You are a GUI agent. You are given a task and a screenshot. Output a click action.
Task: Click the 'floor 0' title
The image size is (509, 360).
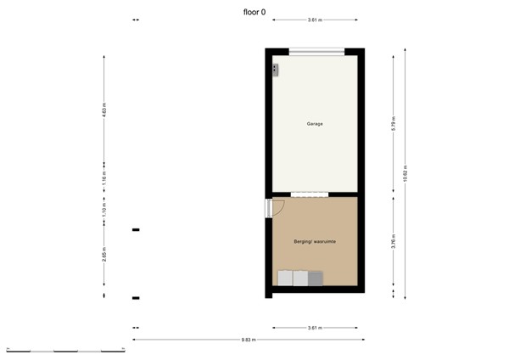(x=254, y=13)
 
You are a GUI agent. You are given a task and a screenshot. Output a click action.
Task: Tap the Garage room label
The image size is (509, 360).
(x=315, y=124)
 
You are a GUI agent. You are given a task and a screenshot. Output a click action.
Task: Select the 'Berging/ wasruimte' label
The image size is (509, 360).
(x=315, y=242)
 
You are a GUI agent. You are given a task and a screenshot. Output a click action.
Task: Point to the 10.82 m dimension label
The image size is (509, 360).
(x=406, y=174)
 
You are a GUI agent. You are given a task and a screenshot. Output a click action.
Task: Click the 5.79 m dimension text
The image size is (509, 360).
(x=394, y=122)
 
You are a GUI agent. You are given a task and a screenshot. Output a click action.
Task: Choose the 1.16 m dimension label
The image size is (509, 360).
(x=103, y=179)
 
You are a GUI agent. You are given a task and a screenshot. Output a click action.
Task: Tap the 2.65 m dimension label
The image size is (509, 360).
(x=103, y=256)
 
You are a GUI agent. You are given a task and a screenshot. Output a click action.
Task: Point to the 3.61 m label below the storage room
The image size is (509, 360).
(x=315, y=328)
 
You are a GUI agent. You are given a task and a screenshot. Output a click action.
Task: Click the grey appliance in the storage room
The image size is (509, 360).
(x=316, y=278)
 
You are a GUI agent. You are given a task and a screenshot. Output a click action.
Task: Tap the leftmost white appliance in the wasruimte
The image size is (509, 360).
(x=285, y=278)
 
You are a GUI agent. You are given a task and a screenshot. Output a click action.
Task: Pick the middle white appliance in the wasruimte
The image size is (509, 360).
(x=300, y=278)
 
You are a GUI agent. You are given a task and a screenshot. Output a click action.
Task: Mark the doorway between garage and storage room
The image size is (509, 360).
(x=308, y=194)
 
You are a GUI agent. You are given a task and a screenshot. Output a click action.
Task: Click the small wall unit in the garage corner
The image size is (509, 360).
(x=275, y=70)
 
